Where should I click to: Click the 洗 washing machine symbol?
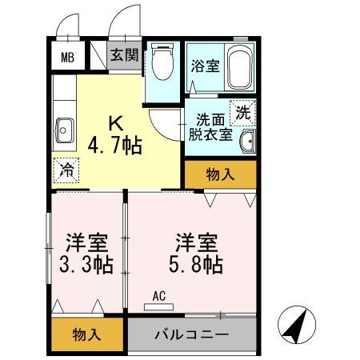[x=243, y=112]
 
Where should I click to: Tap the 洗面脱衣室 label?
[x=210, y=127]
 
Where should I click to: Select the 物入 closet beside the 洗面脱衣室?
[x=220, y=173]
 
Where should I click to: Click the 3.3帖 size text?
[x=88, y=265]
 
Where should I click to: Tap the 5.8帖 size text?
[x=196, y=265]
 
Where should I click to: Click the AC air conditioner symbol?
[x=158, y=296]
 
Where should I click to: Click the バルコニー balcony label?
[x=192, y=333]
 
